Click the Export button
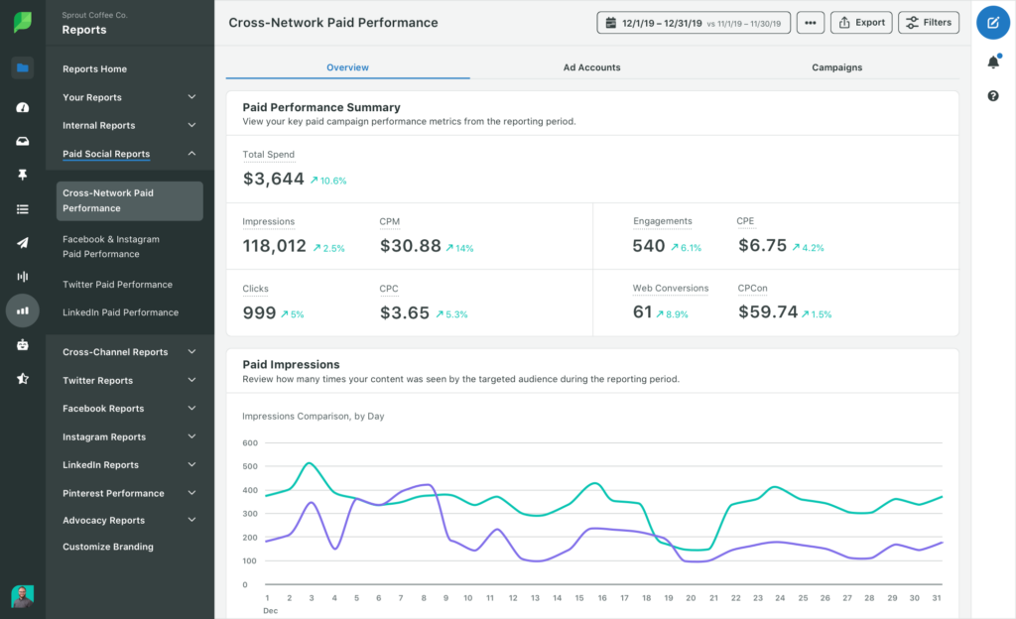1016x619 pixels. pos(859,23)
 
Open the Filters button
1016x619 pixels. pos(928,23)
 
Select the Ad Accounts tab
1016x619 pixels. pos(591,67)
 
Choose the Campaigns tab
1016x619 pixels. pos(836,67)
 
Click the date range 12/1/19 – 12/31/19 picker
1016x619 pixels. pos(694,23)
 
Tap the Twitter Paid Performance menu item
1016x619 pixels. pos(117,285)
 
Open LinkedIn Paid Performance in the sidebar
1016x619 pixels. pos(120,312)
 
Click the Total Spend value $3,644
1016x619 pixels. pos(274,179)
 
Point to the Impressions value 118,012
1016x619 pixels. pos(274,246)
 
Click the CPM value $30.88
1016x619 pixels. pos(410,246)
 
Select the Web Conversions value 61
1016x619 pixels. pos(642,312)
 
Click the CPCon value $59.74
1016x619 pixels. pos(768,312)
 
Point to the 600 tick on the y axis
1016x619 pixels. pos(249,443)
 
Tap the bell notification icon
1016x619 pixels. pos(993,62)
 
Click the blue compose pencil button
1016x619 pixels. pos(993,22)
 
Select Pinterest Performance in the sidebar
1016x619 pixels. pos(113,493)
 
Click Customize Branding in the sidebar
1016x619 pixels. pos(108,547)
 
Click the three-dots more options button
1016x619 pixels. pos(811,23)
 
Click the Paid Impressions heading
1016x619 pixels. pos(291,364)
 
